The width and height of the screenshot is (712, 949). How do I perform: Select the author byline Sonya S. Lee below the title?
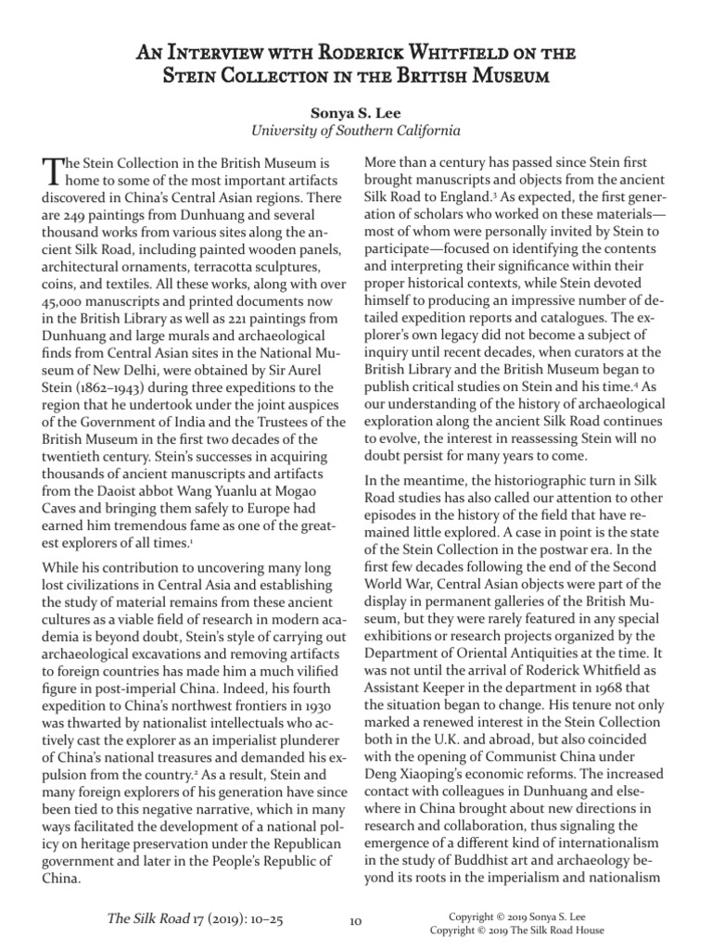click(x=356, y=112)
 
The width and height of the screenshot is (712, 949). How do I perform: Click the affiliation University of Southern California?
click(x=356, y=131)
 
